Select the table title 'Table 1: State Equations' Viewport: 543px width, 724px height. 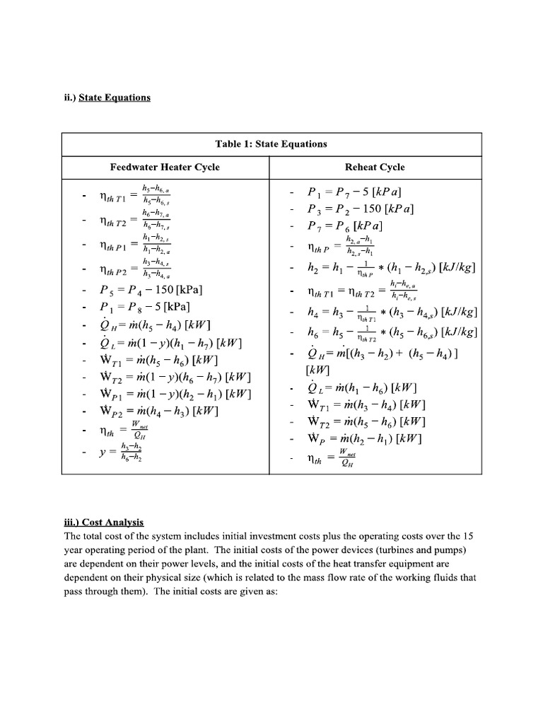[x=271, y=144]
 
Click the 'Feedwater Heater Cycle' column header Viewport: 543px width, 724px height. [x=165, y=168]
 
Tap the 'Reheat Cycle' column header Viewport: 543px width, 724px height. [x=375, y=168]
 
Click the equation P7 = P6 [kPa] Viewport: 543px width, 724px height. [x=345, y=226]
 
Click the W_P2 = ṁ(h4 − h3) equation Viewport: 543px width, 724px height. [x=160, y=411]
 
